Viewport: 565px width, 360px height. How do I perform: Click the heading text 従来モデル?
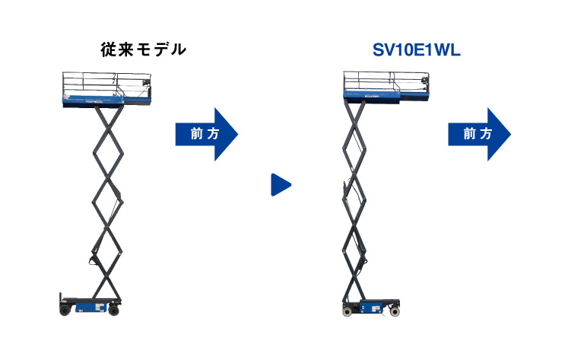[144, 50]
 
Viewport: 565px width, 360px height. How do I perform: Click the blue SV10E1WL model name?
[417, 51]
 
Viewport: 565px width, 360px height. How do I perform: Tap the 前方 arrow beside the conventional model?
[206, 134]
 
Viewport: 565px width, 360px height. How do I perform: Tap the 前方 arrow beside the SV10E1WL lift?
[478, 134]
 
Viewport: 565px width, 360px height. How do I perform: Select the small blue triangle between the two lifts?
[281, 184]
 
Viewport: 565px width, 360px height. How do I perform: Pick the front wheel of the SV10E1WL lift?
[395, 310]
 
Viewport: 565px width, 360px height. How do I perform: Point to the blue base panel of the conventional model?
[88, 307]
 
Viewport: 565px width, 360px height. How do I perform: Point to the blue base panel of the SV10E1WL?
[372, 307]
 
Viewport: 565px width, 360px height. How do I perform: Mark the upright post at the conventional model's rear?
[60, 299]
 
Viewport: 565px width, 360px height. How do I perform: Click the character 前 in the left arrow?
[196, 134]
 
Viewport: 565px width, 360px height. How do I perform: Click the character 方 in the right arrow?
[487, 134]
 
